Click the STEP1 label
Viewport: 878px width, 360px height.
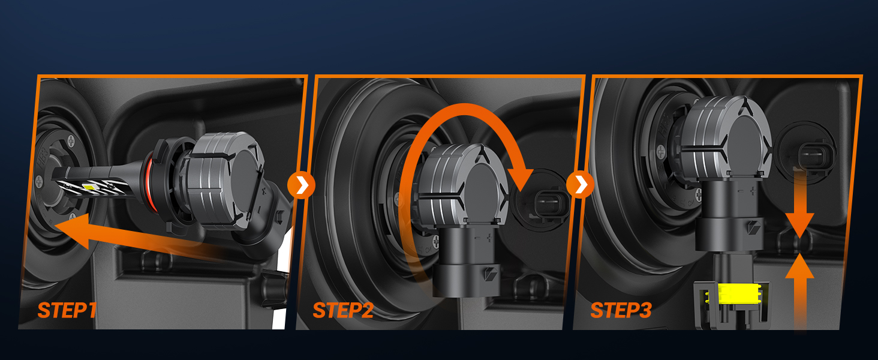click(67, 310)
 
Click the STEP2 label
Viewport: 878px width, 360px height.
click(343, 310)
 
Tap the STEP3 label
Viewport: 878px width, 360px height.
click(621, 310)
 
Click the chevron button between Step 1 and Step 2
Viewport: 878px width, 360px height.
click(301, 185)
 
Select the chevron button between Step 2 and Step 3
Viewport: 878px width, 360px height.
click(580, 185)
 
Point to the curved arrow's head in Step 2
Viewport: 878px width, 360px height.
click(520, 178)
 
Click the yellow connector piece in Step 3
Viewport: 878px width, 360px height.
click(733, 294)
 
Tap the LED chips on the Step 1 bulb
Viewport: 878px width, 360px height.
click(88, 187)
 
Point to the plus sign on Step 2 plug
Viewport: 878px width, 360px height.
click(489, 237)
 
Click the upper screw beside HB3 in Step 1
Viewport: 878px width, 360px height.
click(71, 140)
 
